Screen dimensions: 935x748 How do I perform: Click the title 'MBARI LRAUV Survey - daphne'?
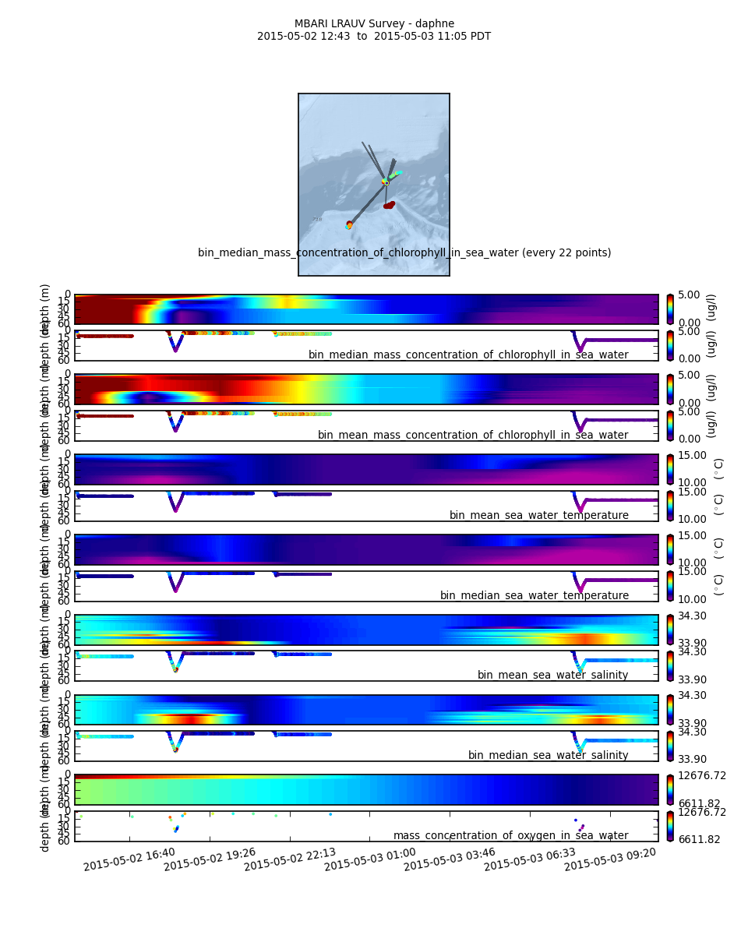[374, 24]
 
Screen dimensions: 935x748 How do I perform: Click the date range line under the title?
[374, 37]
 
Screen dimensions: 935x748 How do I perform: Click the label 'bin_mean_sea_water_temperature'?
[538, 515]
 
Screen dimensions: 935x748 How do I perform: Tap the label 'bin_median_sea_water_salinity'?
[548, 755]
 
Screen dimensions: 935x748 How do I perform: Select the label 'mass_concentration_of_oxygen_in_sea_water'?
[510, 835]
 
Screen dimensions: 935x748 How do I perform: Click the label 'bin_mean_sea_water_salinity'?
[552, 675]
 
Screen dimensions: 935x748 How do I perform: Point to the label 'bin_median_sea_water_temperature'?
[534, 595]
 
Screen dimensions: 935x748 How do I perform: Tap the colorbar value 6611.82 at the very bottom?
[700, 839]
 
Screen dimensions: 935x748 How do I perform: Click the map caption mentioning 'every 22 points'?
[404, 252]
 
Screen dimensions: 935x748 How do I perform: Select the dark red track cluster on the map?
[388, 205]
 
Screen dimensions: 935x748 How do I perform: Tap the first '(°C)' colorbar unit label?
[718, 468]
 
